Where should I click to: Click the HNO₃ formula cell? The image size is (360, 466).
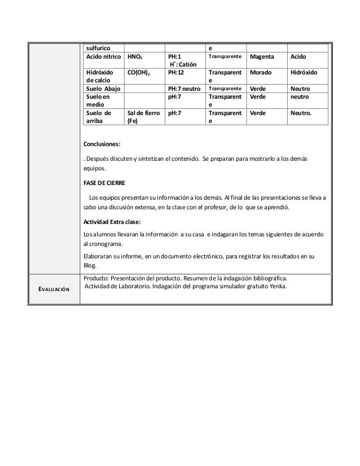pos(135,57)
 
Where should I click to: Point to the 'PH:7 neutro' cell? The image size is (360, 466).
pos(185,89)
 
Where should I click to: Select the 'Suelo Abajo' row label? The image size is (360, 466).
pos(103,89)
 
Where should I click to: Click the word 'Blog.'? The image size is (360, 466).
pos(90,266)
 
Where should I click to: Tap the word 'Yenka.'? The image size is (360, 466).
pos(276,286)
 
